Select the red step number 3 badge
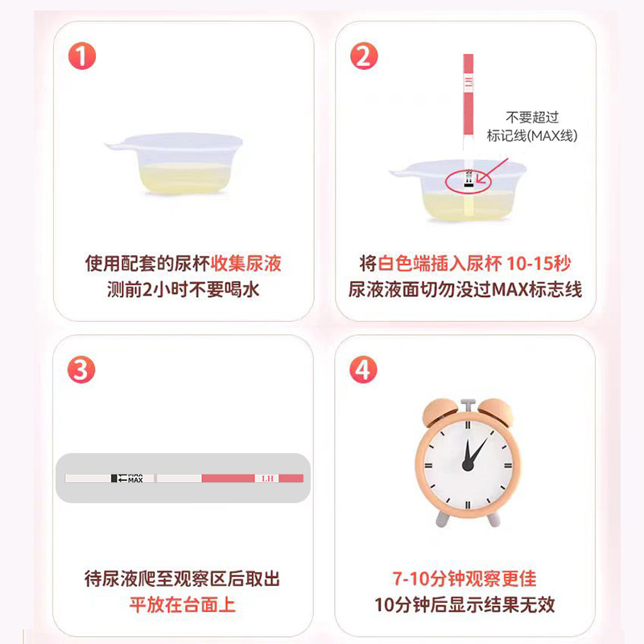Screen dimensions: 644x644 pyautogui.click(x=82, y=369)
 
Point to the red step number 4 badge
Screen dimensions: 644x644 pyautogui.click(x=364, y=369)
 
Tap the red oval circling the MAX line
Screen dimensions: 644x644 pyautogui.click(x=468, y=180)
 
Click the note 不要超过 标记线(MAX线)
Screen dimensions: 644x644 pyautogui.click(x=532, y=126)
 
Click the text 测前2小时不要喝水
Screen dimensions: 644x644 pyautogui.click(x=184, y=290)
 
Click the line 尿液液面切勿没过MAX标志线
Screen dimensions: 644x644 pyautogui.click(x=465, y=290)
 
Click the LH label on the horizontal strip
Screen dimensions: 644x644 pyautogui.click(x=268, y=478)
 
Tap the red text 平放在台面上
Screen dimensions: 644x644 pyautogui.click(x=184, y=605)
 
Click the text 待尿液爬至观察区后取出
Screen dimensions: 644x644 pyautogui.click(x=184, y=578)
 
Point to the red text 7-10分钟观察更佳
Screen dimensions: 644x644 pyautogui.click(x=464, y=578)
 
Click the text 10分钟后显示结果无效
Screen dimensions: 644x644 pyautogui.click(x=464, y=605)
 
